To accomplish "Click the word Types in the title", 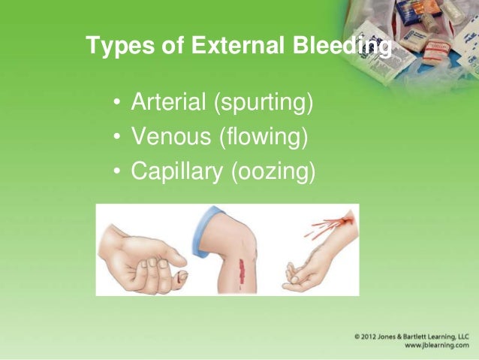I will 113,47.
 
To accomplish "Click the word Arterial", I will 170,101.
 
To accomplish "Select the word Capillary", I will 176,172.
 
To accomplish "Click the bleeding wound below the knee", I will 242,268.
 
